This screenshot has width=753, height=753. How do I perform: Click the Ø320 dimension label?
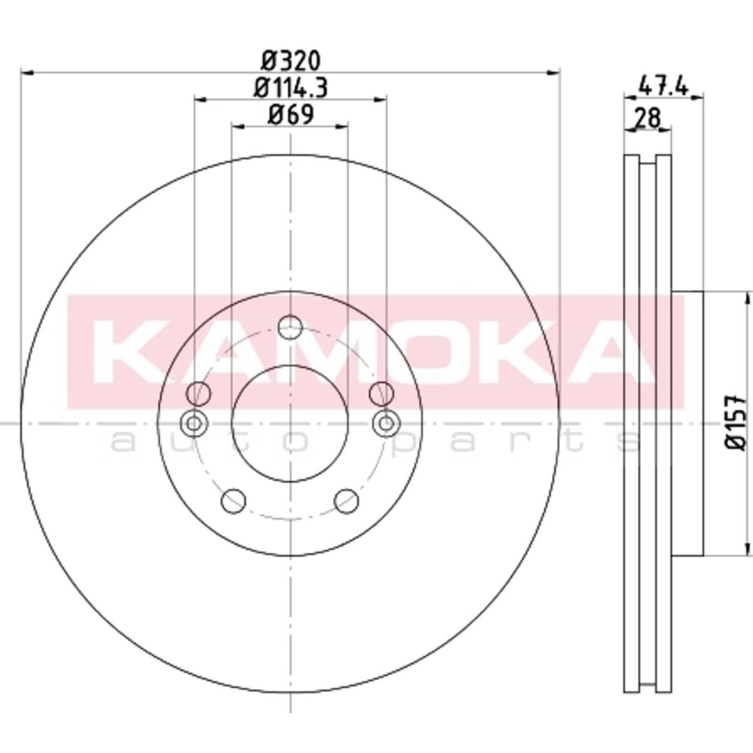(291, 61)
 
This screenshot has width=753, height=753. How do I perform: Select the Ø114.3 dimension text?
(291, 88)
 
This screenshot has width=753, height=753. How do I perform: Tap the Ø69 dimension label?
(291, 115)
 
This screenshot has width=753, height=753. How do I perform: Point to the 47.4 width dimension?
(663, 87)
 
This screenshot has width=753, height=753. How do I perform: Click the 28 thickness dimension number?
(647, 118)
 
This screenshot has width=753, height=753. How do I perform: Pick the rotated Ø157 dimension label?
(736, 423)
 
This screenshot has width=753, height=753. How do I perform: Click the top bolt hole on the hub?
(291, 328)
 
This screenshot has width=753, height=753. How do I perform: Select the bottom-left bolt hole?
(234, 501)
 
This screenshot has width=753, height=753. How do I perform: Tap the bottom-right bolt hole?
(347, 501)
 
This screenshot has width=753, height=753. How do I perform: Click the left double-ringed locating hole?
(194, 424)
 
